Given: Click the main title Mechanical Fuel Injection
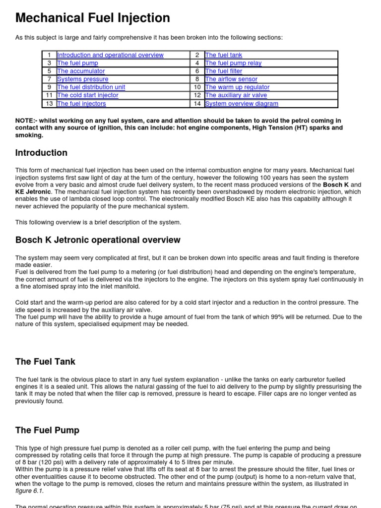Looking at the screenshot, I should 93,18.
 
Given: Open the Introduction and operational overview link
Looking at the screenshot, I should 110,55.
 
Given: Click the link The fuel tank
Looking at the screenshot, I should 223,55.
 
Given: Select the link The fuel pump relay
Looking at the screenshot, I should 233,63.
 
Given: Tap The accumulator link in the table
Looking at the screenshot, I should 81,71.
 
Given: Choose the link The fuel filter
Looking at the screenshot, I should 224,71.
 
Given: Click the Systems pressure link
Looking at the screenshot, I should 82,79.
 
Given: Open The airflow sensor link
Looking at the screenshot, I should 231,79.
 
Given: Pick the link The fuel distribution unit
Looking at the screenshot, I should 91,87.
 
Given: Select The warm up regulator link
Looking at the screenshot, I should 237,87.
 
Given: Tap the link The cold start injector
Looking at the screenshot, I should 87,95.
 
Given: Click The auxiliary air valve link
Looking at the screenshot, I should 236,95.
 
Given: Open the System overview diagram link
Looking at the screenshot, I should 242,104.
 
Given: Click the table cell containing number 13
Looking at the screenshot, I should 49,104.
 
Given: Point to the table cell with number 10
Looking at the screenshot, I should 197,87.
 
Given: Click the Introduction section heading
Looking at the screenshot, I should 41,153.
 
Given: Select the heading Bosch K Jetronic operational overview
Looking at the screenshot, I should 98,240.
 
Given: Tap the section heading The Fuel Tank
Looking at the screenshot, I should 45,362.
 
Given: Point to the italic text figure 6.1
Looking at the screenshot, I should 29,491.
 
